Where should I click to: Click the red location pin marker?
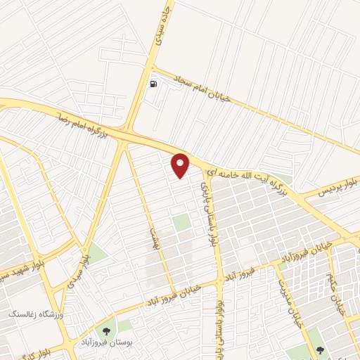coord(181,165)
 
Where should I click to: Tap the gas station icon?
coord(153,84)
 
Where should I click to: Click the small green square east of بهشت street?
coord(182,223)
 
